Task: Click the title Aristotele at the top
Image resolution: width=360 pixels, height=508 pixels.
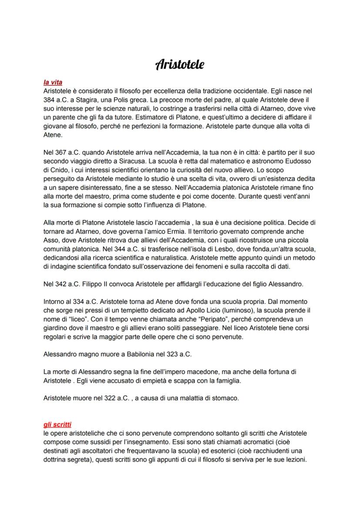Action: pos(180,65)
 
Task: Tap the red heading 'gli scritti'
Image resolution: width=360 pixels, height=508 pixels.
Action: pos(57,424)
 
